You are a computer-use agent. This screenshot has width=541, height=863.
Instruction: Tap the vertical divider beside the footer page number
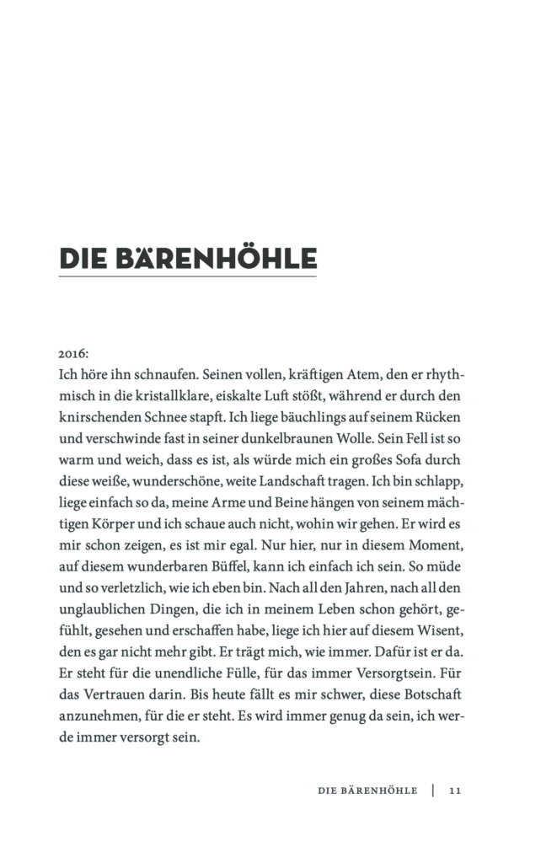pos(433,791)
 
